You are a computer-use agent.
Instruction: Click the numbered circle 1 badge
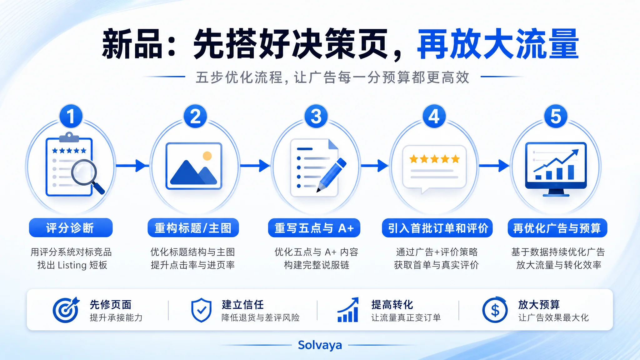(71, 116)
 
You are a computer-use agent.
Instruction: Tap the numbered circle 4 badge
(434, 116)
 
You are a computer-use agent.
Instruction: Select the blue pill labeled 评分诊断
(71, 228)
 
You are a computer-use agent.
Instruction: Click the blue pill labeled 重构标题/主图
(193, 228)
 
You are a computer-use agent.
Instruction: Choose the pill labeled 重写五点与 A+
(314, 228)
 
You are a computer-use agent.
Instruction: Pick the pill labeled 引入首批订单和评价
(437, 228)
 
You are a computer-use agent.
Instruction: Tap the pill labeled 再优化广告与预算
(557, 228)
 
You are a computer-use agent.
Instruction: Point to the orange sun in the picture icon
(207, 156)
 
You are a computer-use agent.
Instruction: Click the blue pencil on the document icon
(332, 175)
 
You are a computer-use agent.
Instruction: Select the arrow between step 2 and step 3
(255, 166)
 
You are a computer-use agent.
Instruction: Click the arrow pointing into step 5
(494, 166)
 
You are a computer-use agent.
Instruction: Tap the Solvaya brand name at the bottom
(320, 345)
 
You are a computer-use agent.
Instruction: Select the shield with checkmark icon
(201, 310)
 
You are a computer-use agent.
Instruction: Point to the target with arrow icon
(66, 310)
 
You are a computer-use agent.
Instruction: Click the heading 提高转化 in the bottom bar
(392, 304)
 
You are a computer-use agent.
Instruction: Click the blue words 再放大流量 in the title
(498, 44)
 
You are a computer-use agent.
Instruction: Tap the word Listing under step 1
(72, 265)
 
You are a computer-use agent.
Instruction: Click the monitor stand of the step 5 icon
(556, 193)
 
